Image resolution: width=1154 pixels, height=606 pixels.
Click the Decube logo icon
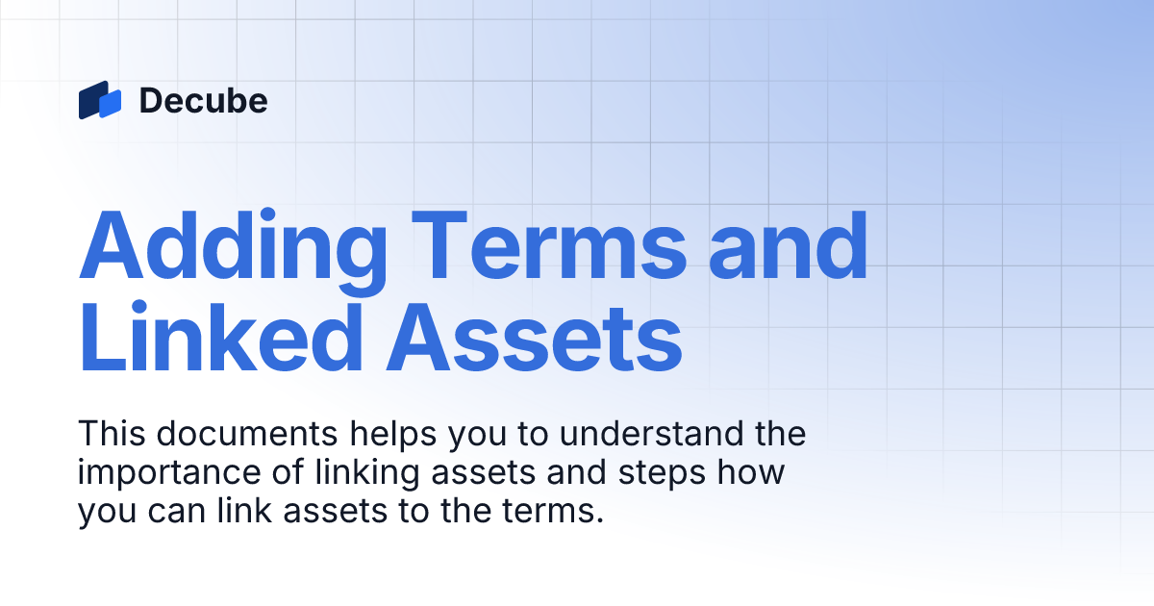click(100, 100)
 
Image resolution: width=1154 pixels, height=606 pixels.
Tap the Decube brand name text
click(203, 101)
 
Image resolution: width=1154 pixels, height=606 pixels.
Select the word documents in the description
click(247, 434)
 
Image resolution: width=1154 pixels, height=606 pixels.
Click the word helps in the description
click(395, 434)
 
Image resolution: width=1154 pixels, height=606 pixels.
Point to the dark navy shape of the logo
click(90, 100)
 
